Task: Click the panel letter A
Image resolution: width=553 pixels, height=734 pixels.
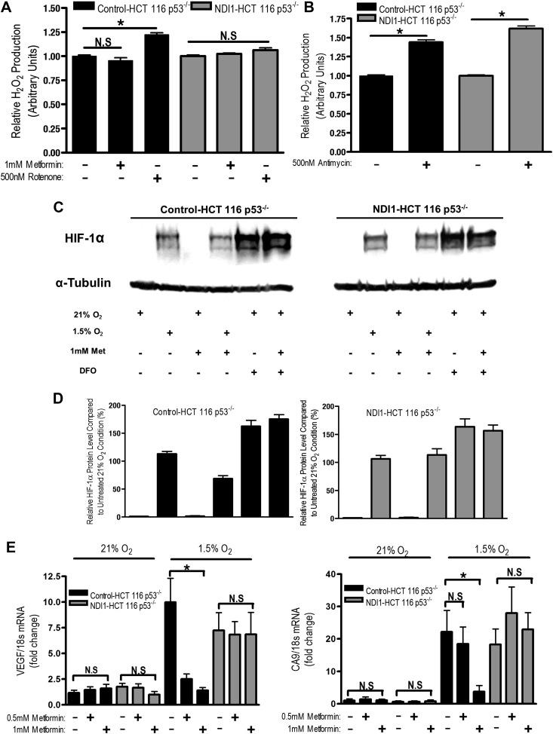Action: (x=8, y=8)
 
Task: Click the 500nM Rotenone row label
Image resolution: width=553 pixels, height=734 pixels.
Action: (x=32, y=177)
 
